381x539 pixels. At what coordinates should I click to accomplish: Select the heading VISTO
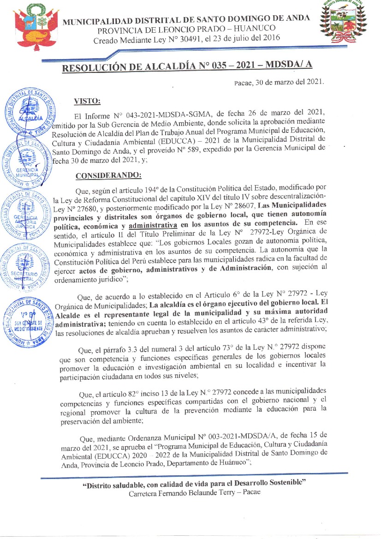tap(87, 101)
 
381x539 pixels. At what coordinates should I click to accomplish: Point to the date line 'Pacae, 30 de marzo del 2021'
tap(279, 83)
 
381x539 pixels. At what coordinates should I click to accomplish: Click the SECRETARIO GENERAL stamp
tap(30, 266)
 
